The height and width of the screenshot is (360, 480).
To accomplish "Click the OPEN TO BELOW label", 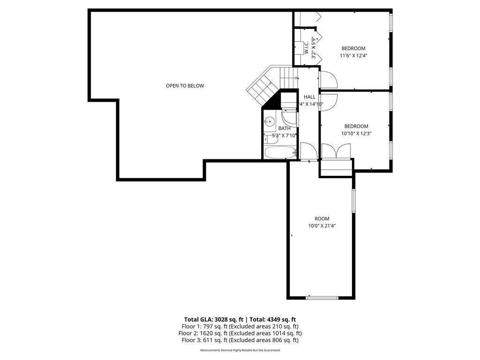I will pyautogui.click(x=185, y=86).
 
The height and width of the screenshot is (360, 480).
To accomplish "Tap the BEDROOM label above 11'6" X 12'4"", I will pyautogui.click(x=353, y=48).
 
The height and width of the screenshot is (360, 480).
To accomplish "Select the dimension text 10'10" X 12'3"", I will pyautogui.click(x=356, y=134).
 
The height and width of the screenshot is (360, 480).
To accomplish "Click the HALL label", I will pyautogui.click(x=309, y=97).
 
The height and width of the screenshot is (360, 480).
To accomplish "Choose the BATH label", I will pyautogui.click(x=284, y=128).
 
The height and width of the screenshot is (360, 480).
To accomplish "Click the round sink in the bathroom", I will pyautogui.click(x=269, y=122).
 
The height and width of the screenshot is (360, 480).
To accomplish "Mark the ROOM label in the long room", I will pyautogui.click(x=322, y=218).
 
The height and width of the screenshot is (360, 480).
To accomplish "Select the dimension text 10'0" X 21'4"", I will pyautogui.click(x=322, y=226).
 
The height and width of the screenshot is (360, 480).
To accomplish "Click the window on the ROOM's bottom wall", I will pyautogui.click(x=322, y=297).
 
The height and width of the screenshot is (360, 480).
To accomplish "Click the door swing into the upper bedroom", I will pyautogui.click(x=328, y=80).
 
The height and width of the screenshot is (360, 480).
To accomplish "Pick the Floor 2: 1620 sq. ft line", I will pyautogui.click(x=240, y=333).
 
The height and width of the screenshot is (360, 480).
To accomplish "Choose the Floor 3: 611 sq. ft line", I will pyautogui.click(x=240, y=340).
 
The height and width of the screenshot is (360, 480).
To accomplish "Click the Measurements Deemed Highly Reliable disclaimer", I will pyautogui.click(x=240, y=350).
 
